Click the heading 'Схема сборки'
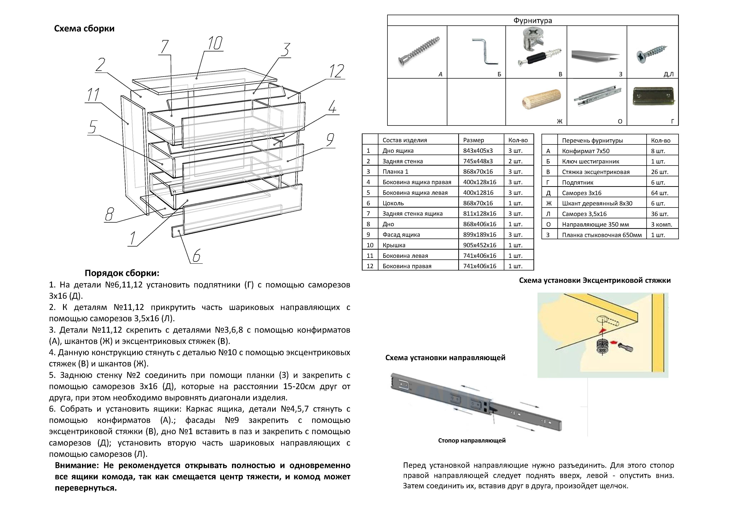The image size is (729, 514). (x=84, y=29)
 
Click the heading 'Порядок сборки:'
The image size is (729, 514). (x=122, y=273)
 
